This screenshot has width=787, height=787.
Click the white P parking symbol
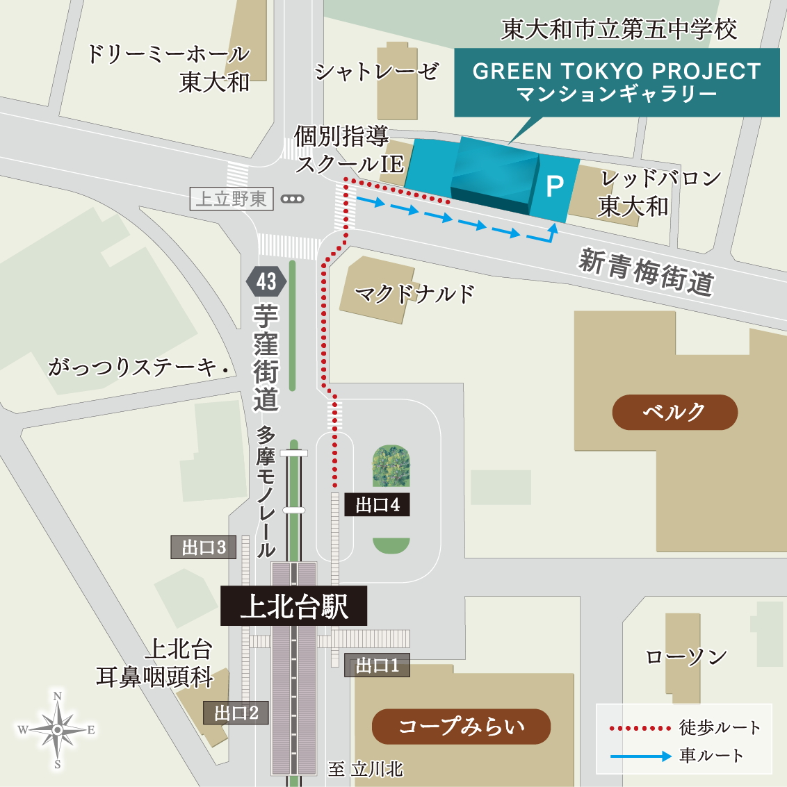[555, 186]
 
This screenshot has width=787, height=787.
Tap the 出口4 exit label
[378, 505]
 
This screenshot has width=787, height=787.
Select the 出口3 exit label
[204, 547]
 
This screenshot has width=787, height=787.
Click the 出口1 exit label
[378, 665]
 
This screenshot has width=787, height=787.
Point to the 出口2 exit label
[236, 713]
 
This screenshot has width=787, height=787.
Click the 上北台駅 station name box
[293, 606]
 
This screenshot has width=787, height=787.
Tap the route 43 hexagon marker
[266, 281]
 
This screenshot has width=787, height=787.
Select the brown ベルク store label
[674, 412]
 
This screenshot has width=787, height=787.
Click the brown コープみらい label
[461, 727]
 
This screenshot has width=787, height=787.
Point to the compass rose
[57, 729]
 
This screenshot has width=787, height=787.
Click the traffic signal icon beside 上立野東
[293, 199]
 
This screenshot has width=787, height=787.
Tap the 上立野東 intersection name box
[232, 199]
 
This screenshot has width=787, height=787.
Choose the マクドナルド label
[414, 295]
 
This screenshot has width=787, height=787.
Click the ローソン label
[686, 656]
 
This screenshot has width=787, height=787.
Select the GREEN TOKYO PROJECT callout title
[617, 72]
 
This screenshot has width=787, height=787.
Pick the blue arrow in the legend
[641, 756]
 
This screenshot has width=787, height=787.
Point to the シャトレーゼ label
[377, 71]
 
